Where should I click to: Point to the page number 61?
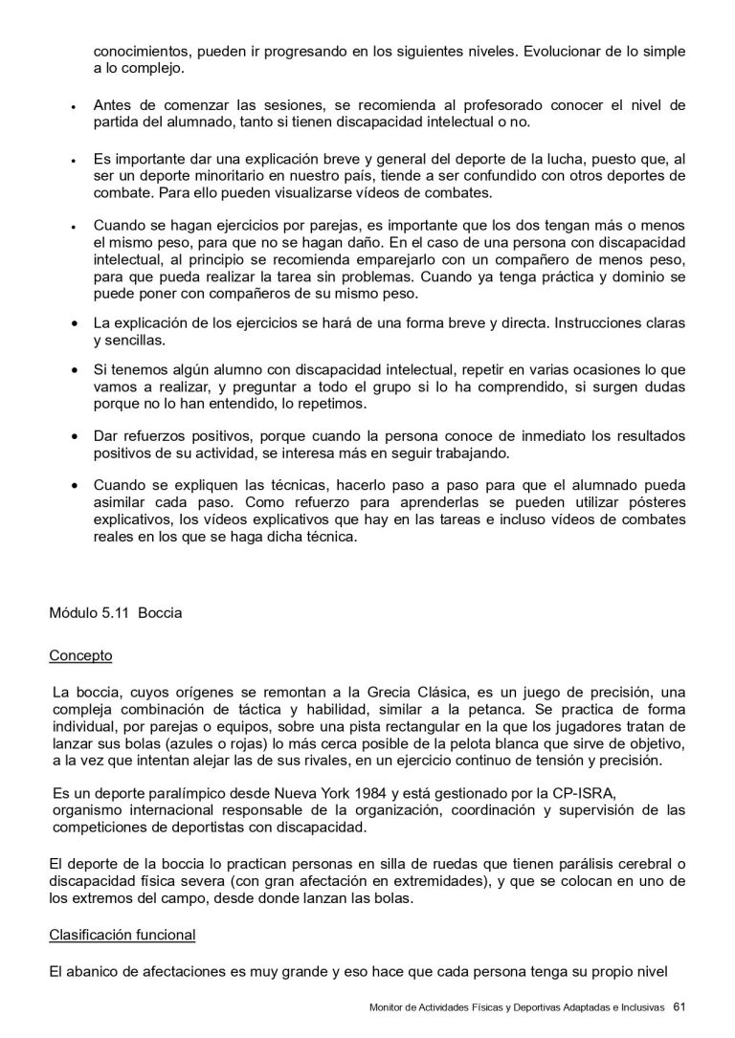coord(679,1006)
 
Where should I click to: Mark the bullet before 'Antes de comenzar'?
coord(74,107)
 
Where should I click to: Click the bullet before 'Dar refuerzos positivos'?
coord(74,436)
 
